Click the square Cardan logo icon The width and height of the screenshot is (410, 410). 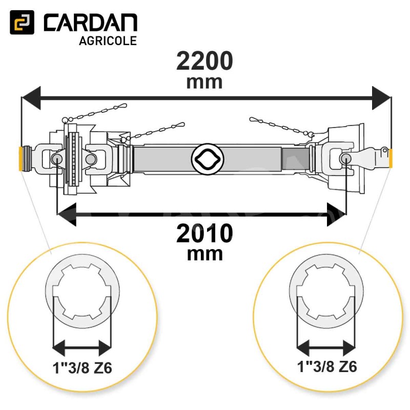tap(22, 22)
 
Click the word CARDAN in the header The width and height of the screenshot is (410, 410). tap(91, 23)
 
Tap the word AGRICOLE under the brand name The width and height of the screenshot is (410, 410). tap(108, 41)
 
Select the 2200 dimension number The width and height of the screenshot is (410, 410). tap(204, 60)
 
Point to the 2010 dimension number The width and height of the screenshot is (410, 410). tap(204, 233)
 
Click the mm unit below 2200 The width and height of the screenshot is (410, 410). tap(204, 83)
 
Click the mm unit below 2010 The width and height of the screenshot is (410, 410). tap(204, 254)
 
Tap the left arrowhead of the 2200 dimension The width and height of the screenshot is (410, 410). tap(31, 98)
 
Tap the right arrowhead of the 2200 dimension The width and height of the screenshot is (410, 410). tap(381, 98)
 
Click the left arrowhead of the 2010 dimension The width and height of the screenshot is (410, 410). tap(67, 214)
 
